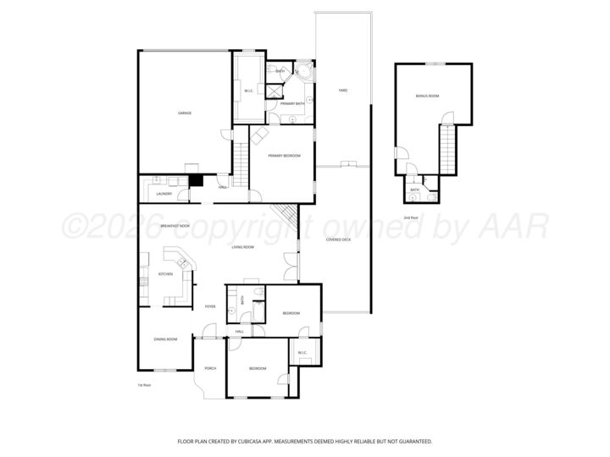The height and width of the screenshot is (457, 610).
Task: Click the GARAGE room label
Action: click(183, 113)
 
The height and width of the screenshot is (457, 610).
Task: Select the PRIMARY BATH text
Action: click(292, 103)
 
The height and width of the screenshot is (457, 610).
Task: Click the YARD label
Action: click(342, 90)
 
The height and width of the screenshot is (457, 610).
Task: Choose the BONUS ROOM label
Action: click(427, 96)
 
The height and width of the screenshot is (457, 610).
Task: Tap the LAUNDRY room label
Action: click(164, 194)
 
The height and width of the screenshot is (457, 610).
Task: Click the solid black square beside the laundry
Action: click(196, 179)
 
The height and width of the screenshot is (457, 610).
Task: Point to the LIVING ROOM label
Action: click(244, 247)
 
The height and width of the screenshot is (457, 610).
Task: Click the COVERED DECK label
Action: click(339, 240)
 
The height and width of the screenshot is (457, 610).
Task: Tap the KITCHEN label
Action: click(166, 274)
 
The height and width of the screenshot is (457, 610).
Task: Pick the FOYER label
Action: click(209, 306)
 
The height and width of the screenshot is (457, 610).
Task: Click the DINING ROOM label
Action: click(165, 339)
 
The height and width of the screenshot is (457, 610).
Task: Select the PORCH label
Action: click(210, 368)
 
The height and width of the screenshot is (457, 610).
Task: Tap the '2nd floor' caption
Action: click(410, 217)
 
